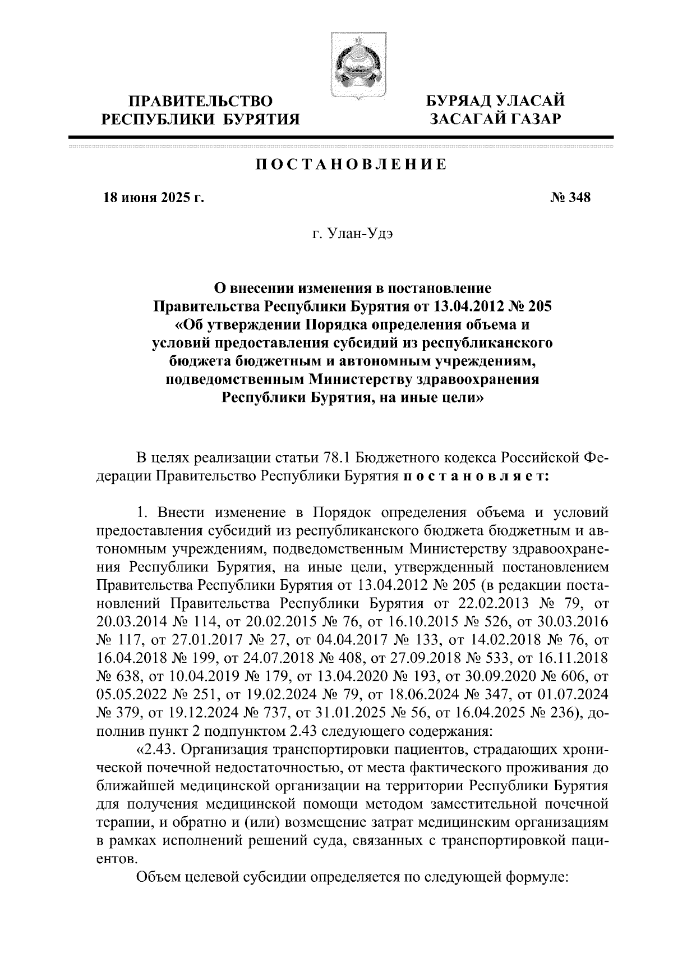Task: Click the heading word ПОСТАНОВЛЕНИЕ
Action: pyautogui.click(x=352, y=165)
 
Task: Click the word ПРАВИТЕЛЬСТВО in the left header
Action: pyautogui.click(x=201, y=102)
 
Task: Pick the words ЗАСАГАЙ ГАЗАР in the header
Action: pyautogui.click(x=494, y=118)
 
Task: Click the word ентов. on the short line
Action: pyautogui.click(x=116, y=859)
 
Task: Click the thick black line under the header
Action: pyautogui.click(x=340, y=137)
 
